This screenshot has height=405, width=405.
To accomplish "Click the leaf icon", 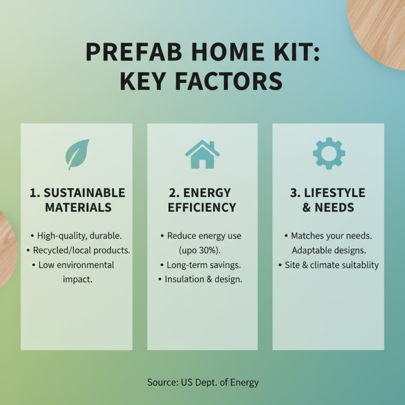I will point(77,154).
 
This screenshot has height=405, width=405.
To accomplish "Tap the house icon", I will point(202,154).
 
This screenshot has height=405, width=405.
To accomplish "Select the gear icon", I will point(329,153).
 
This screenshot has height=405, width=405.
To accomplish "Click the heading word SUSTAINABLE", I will point(84,193).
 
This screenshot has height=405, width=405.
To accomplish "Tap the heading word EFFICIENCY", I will point(202,208).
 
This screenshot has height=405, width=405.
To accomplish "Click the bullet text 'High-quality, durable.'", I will point(79,236).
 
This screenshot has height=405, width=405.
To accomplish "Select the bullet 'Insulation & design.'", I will point(204,279).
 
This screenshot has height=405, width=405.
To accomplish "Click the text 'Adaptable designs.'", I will point(328,251).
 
